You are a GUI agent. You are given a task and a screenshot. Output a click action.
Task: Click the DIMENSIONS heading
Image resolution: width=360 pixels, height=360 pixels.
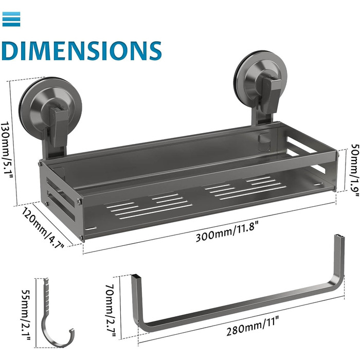pos(81,51)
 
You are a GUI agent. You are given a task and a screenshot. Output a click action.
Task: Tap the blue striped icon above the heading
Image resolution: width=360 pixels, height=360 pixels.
pos(11,19)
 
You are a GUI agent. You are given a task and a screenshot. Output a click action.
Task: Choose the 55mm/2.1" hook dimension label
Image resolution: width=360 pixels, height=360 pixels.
pos(26,315)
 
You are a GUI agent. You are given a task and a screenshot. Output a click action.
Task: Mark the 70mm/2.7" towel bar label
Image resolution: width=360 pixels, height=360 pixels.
pos(110,311)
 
